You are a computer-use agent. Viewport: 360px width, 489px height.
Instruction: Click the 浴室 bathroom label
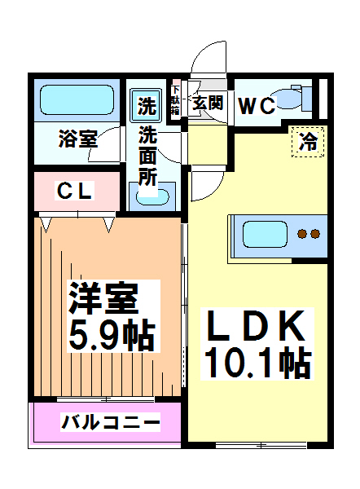[x=77, y=139]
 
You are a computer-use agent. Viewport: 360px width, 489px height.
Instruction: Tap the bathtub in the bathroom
[x=77, y=101]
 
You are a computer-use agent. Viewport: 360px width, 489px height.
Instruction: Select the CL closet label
[x=75, y=192]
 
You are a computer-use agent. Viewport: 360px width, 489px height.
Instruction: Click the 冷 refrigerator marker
[x=309, y=141]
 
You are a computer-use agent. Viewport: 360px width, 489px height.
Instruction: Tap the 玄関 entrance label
[x=208, y=104]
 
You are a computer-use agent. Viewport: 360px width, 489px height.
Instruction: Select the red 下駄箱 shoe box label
[x=175, y=100]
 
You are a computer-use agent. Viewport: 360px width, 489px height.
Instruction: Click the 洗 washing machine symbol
[x=147, y=105]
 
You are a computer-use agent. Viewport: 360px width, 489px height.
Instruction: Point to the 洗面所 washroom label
[x=147, y=155]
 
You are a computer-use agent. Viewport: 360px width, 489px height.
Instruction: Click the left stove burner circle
[x=301, y=235]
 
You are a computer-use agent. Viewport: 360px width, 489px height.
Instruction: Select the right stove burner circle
[x=314, y=235]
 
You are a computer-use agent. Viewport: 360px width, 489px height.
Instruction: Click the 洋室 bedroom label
[x=102, y=297]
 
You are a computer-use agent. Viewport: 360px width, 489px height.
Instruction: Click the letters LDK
[x=255, y=327]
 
